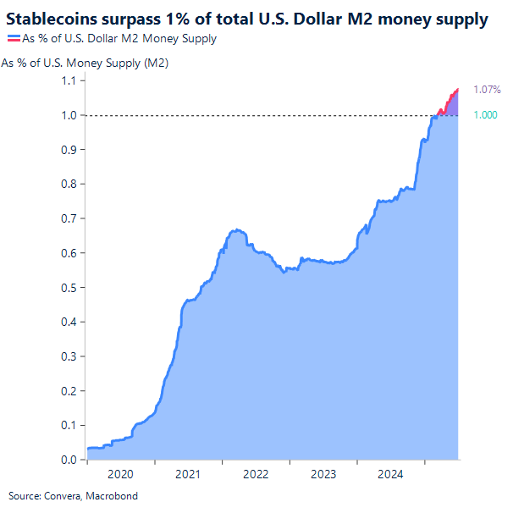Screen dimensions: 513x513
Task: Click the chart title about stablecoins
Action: tap(247, 18)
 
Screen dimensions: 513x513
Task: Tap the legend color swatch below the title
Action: tap(14, 39)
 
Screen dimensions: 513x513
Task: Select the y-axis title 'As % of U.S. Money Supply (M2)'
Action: tap(85, 63)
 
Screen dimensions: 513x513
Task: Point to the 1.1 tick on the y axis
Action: tap(69, 80)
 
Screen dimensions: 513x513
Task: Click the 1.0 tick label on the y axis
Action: tap(69, 115)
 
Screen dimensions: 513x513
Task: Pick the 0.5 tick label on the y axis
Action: tap(69, 288)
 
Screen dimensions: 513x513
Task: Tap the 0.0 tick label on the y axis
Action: tap(69, 461)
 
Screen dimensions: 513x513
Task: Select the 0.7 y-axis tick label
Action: tap(69, 218)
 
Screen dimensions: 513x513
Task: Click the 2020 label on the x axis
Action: tap(120, 475)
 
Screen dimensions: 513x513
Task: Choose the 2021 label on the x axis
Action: tap(188, 475)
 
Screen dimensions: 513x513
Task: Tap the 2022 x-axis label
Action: tap(256, 475)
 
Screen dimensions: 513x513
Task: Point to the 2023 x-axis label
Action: tap(323, 475)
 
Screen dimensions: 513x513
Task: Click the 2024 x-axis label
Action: tap(391, 475)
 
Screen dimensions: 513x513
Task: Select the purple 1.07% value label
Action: tap(487, 89)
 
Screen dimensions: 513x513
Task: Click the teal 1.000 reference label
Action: tap(484, 115)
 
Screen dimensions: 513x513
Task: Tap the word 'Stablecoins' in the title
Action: tap(50, 18)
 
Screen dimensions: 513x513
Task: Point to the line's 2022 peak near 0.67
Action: tap(238, 229)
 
